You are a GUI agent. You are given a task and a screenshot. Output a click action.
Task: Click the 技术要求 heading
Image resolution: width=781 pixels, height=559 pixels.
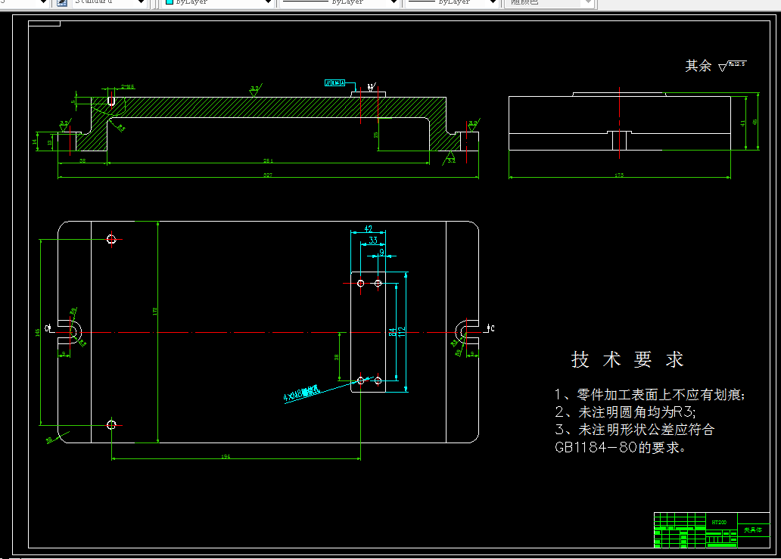[x=627, y=360]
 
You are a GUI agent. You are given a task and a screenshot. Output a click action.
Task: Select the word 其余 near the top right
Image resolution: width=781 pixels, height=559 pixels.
[x=698, y=67]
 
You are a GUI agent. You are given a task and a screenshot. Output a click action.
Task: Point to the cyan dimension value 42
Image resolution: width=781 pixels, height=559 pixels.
[x=369, y=228]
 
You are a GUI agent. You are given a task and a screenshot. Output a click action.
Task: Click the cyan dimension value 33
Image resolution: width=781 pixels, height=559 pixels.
[x=373, y=241]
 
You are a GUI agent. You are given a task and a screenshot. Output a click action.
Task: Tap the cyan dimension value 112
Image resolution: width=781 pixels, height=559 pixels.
[x=402, y=331]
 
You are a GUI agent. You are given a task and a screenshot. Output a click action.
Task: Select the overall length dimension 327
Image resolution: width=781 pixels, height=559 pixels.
[x=267, y=175]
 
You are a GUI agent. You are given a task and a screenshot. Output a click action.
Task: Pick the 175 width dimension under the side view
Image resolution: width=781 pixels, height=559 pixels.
[x=619, y=175]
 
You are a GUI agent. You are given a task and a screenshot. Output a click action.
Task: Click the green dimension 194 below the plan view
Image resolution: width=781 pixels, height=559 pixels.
[x=226, y=456]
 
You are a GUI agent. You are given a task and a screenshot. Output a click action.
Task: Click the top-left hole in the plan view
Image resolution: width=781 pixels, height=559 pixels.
[x=112, y=239]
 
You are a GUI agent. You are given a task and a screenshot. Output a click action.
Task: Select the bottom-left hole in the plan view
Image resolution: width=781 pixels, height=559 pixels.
[x=112, y=424]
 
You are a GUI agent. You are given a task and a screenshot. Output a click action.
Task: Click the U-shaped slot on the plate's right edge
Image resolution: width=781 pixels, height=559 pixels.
[x=463, y=330]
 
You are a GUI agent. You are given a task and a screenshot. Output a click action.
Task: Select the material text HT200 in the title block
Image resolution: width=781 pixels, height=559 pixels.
[x=719, y=522]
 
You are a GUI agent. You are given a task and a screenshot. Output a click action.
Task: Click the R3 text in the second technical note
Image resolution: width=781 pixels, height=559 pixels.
[x=683, y=412]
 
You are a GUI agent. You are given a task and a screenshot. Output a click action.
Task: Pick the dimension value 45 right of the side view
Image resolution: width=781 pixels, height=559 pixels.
[x=755, y=123]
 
